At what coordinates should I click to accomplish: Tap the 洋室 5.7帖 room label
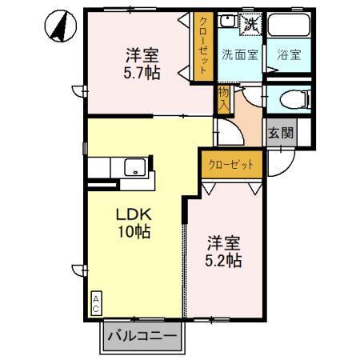(142, 64)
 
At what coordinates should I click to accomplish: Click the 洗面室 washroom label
(239, 55)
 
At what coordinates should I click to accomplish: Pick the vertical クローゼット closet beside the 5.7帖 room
(204, 46)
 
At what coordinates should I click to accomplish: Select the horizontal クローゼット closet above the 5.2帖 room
(232, 164)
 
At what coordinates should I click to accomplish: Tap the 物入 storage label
(223, 100)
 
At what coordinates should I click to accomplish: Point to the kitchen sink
(134, 167)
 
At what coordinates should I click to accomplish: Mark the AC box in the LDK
(95, 302)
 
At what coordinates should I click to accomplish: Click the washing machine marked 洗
(250, 24)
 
